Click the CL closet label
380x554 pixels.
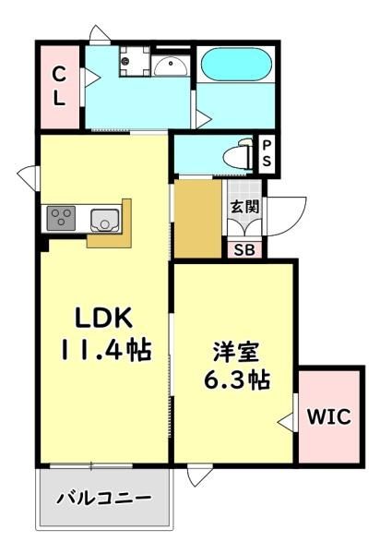click(x=59, y=86)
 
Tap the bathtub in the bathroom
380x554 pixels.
click(x=236, y=65)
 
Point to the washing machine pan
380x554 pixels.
click(x=134, y=61)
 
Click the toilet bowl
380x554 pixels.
click(x=238, y=155)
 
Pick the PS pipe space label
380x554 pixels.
click(x=267, y=153)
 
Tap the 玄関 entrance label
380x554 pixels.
click(x=244, y=206)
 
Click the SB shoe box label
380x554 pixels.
click(x=244, y=250)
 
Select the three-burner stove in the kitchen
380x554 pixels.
click(x=61, y=218)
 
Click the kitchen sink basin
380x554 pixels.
click(x=104, y=220)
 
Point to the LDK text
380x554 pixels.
click(x=103, y=318)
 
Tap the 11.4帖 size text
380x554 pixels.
click(x=106, y=350)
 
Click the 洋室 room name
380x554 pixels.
click(x=236, y=352)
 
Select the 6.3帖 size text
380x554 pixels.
click(x=237, y=379)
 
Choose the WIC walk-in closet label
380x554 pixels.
click(x=329, y=416)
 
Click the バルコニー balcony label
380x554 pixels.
click(x=104, y=499)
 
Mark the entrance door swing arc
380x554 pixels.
click(x=296, y=221)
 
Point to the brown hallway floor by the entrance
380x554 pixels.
click(x=198, y=219)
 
